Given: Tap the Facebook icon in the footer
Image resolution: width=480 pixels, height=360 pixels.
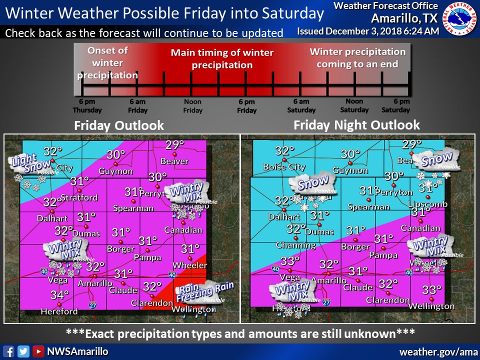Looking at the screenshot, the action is coord(8,351).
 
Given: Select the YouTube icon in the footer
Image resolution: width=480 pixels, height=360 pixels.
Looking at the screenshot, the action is coord(38,351).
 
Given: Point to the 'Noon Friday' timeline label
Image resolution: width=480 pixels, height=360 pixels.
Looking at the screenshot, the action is coord(192,106).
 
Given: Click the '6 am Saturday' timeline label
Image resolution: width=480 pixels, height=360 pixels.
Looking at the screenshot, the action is coord(301,106).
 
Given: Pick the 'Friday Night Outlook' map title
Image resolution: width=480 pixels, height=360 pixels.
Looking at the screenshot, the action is coord(356,124).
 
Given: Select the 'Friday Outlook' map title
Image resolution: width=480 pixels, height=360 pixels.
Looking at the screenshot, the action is coord(119,125).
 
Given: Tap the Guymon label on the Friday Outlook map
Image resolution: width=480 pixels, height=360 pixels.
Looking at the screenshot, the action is coord(116,171).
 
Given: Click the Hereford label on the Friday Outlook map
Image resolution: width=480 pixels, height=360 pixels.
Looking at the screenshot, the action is coord(59,311).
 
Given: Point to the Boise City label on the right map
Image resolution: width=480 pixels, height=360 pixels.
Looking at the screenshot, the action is coord(283,167).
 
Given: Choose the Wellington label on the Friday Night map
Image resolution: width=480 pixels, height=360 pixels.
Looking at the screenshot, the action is coord(431,306).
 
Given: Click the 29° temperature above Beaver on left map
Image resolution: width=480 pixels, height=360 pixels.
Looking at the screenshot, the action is coord(175,145).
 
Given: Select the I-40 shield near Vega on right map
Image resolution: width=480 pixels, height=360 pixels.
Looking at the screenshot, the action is coord(275,269).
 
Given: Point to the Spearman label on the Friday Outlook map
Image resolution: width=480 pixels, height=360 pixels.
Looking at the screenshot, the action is coord(133,208).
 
